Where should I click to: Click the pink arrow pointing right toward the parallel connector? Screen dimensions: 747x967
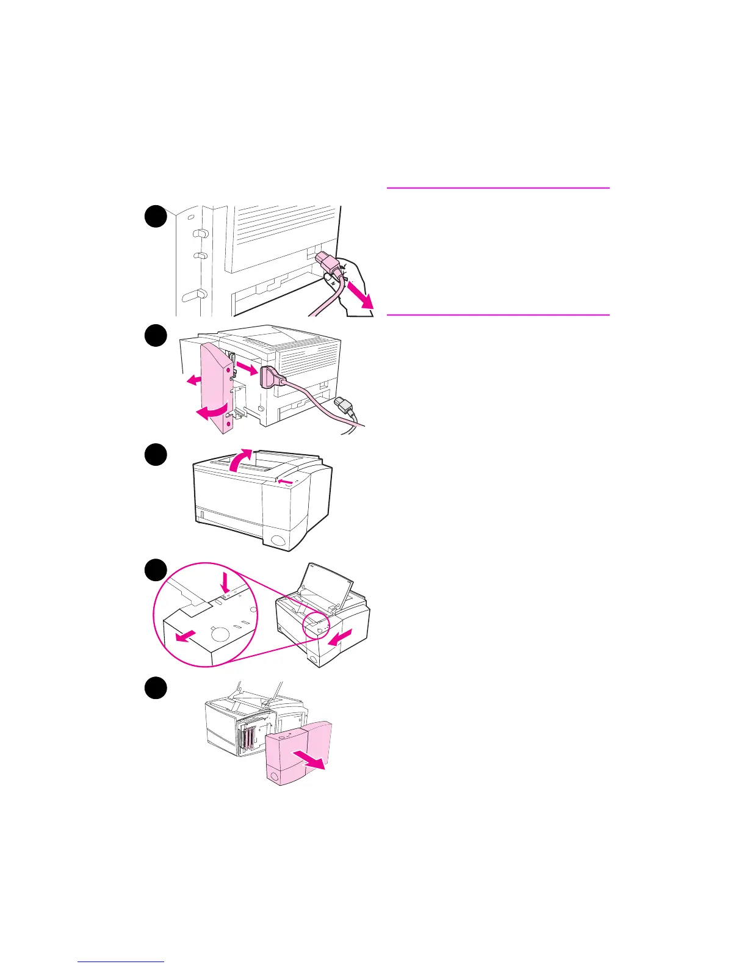[x=247, y=369]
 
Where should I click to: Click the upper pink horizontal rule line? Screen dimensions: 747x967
[x=498, y=188]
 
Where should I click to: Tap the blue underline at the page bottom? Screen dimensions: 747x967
[x=121, y=962]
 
